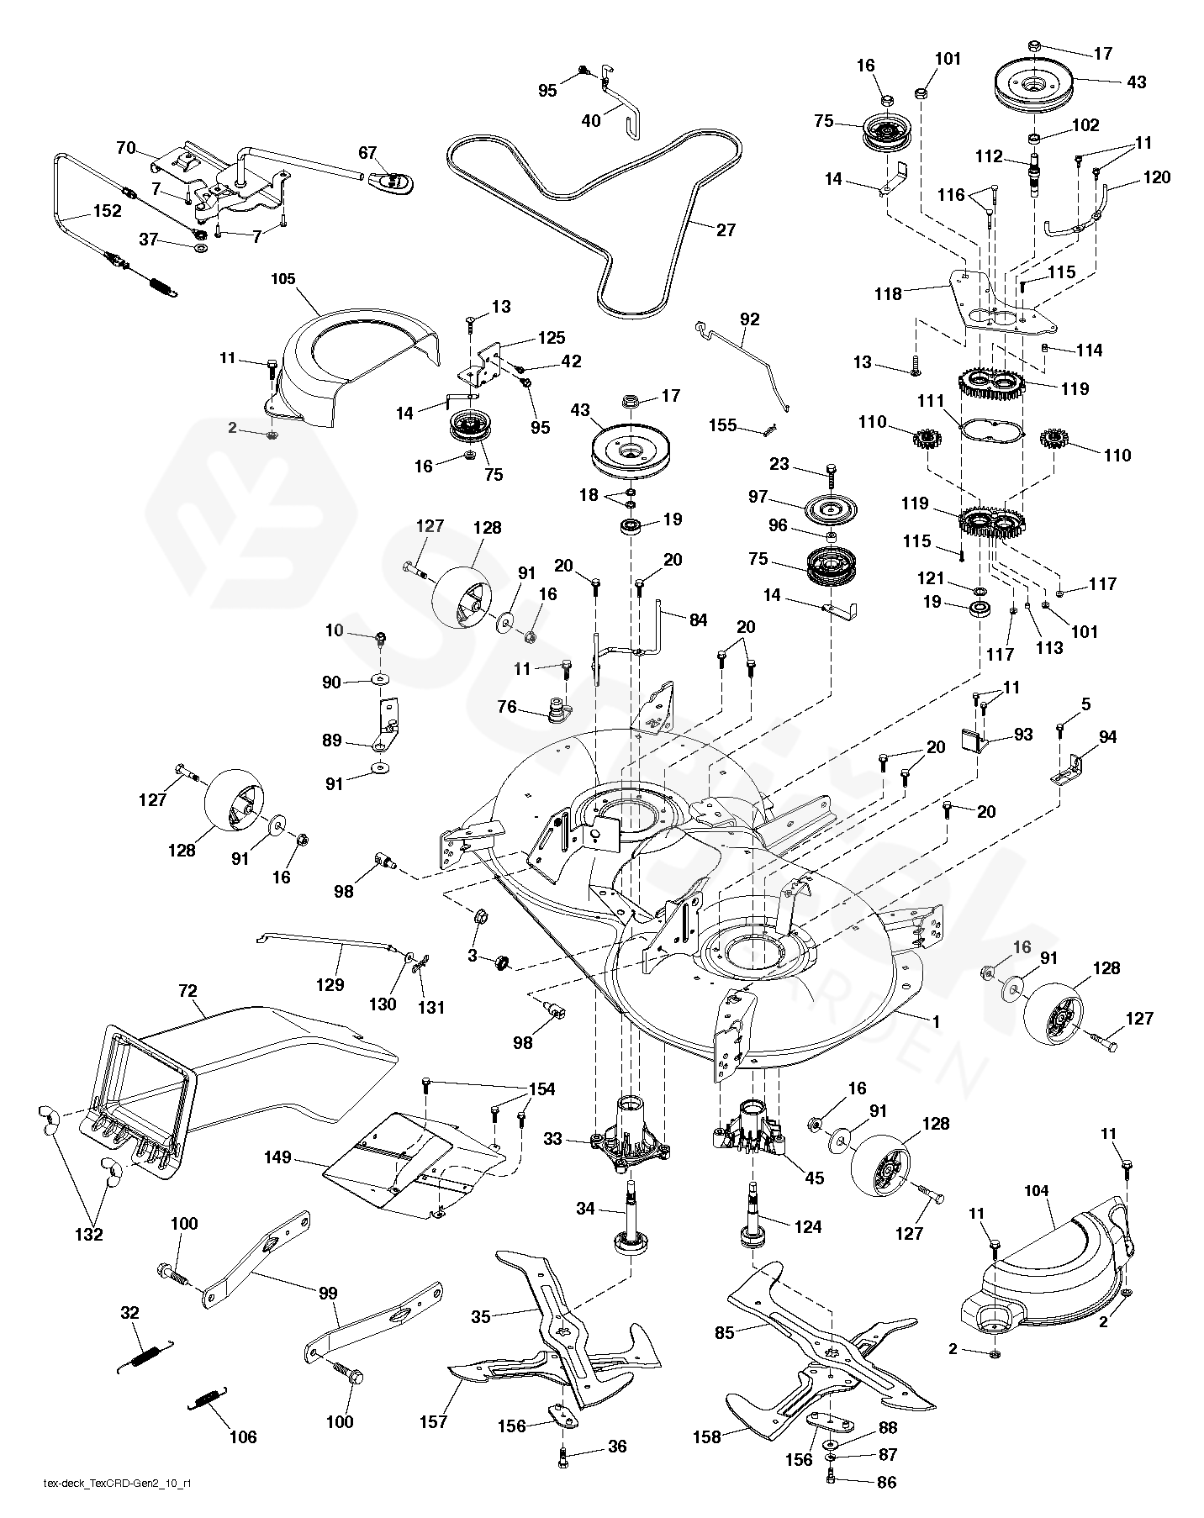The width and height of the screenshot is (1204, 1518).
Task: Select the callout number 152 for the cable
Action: [107, 211]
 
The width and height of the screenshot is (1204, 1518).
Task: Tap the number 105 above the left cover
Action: [283, 279]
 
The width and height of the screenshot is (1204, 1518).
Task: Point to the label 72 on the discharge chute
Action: [187, 992]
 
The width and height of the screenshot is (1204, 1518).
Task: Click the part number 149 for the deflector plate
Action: [277, 1157]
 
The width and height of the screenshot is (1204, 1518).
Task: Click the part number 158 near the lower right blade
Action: [706, 1436]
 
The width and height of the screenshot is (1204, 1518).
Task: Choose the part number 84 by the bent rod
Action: [697, 620]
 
